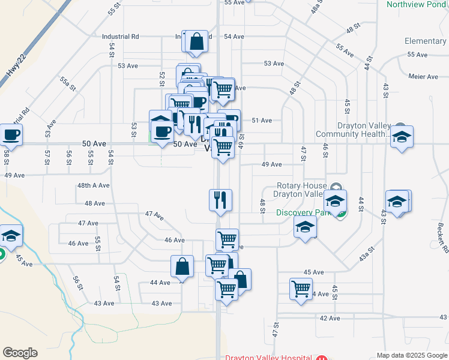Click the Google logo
(x=20, y=353)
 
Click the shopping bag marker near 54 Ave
(x=196, y=41)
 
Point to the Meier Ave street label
(x=423, y=77)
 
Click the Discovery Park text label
(x=301, y=212)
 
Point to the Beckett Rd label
(x=442, y=237)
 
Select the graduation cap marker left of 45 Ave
(x=10, y=237)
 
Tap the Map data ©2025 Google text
(x=411, y=355)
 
